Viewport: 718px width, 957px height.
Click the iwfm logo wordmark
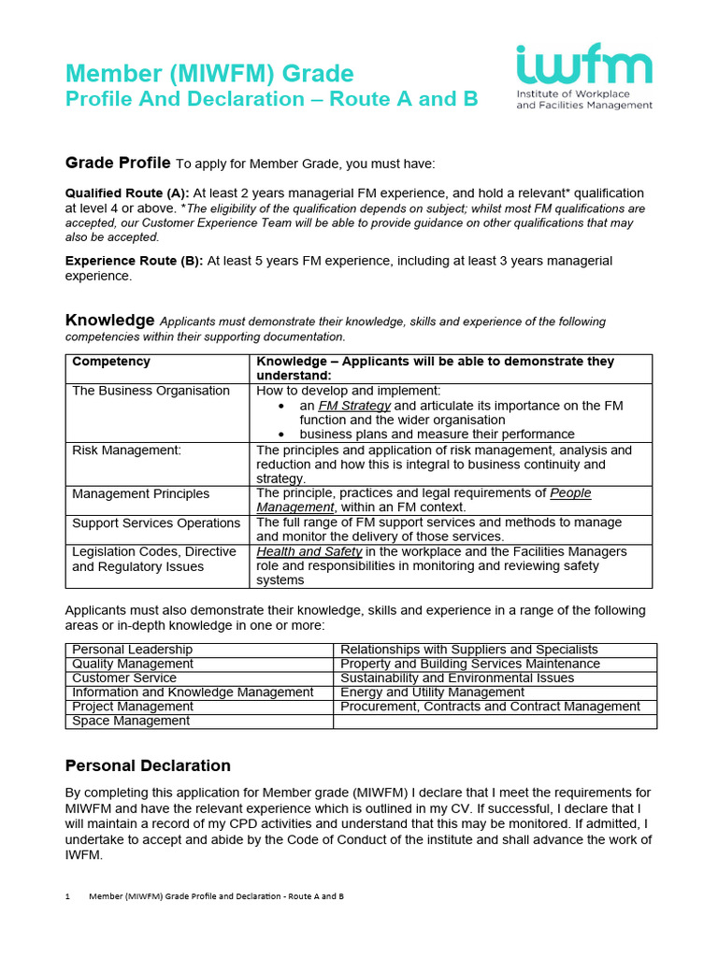coord(583,67)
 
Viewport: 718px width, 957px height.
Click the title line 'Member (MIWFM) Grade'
coord(209,73)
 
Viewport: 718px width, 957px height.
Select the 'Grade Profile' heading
coord(118,163)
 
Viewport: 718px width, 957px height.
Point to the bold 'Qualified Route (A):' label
coord(127,193)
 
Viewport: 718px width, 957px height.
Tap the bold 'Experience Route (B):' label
coord(134,261)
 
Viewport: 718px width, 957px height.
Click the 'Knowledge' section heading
coord(109,321)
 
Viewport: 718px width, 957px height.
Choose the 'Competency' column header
coord(111,362)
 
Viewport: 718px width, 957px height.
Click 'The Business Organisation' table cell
coord(151,391)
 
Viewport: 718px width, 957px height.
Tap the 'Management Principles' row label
coord(140,493)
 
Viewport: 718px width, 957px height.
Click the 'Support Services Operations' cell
coord(156,522)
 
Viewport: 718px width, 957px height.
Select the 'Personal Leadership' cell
coord(132,650)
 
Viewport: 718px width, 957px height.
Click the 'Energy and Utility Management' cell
coord(432,693)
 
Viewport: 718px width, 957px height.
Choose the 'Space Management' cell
coord(130,721)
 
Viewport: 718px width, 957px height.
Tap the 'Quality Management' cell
coord(133,664)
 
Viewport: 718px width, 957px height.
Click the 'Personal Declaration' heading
coord(148,765)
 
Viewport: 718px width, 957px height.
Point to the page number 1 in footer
coord(68,896)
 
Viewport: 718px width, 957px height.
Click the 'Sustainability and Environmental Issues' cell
coord(457,678)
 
